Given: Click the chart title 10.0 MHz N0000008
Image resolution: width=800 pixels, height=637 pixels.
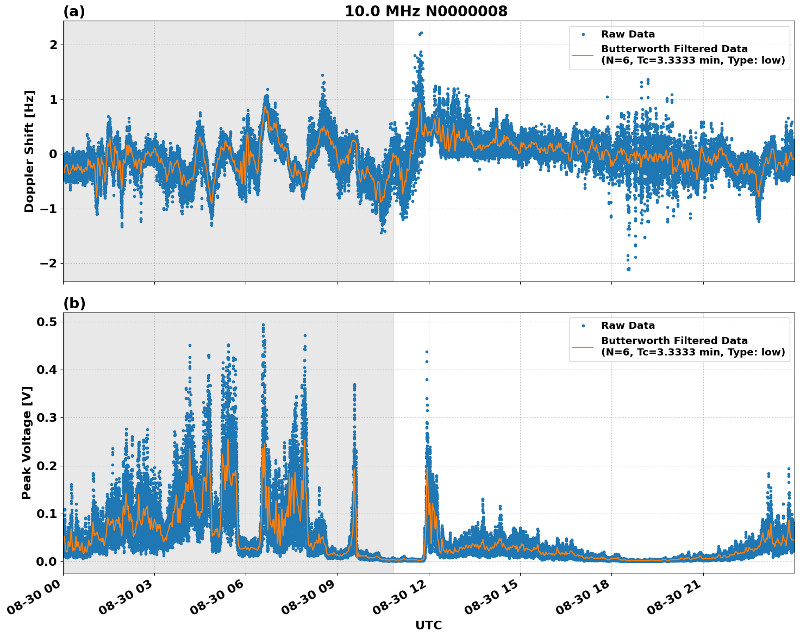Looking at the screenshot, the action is tap(426, 11).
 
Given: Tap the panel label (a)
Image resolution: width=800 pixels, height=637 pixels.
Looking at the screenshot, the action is tap(74, 11).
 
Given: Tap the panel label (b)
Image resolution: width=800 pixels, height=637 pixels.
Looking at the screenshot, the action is tap(74, 303).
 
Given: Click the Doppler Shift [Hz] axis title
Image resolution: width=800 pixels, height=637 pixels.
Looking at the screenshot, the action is tap(29, 151).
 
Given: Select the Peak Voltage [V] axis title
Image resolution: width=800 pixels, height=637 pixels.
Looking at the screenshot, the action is tap(27, 442).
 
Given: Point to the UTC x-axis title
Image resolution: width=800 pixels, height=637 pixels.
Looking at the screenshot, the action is tap(428, 625).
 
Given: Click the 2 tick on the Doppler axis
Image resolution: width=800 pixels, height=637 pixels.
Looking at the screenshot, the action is tap(53, 45).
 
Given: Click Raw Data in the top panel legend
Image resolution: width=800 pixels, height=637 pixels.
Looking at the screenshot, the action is tap(628, 34).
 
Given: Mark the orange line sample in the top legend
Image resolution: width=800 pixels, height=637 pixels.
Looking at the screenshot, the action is tap(583, 54).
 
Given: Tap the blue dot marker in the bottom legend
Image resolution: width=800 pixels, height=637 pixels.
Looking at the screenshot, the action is tap(583, 326).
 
